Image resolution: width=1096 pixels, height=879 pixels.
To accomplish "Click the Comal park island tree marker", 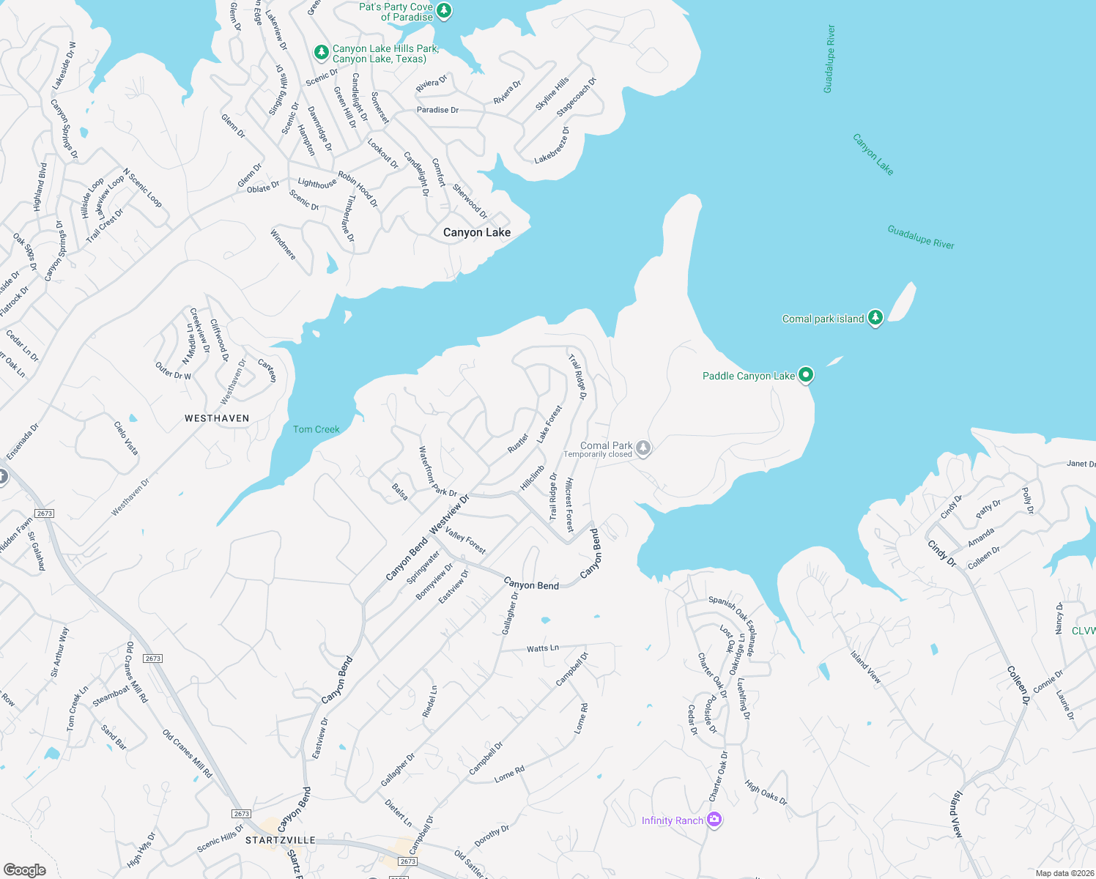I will click(875, 318).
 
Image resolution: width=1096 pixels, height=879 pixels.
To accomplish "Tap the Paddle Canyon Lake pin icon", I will click(806, 375).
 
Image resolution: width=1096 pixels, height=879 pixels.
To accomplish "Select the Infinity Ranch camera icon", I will click(714, 820).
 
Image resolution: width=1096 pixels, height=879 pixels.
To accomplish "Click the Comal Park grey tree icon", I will click(643, 448).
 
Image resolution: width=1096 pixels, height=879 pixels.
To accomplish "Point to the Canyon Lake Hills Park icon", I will click(321, 52).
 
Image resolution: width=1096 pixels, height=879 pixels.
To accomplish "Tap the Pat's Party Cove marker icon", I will click(444, 11).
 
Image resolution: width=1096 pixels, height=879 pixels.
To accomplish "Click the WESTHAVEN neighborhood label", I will click(217, 418).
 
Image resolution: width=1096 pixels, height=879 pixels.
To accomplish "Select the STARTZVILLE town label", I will click(281, 840).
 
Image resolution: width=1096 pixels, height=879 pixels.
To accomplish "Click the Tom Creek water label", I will click(316, 429).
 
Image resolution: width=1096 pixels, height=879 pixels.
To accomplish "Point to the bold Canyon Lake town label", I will click(477, 232).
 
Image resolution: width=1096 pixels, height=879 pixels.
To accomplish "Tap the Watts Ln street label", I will click(543, 648).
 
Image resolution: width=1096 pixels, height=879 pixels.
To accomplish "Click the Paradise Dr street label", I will click(437, 110).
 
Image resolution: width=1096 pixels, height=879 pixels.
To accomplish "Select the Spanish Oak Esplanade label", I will click(733, 618).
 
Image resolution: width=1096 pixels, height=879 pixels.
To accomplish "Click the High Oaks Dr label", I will click(766, 793).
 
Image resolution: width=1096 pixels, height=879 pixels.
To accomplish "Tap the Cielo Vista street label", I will click(126, 437).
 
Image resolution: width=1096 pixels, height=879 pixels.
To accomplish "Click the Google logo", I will click(25, 869).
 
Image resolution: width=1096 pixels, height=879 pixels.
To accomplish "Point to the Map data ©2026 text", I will click(1063, 873).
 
